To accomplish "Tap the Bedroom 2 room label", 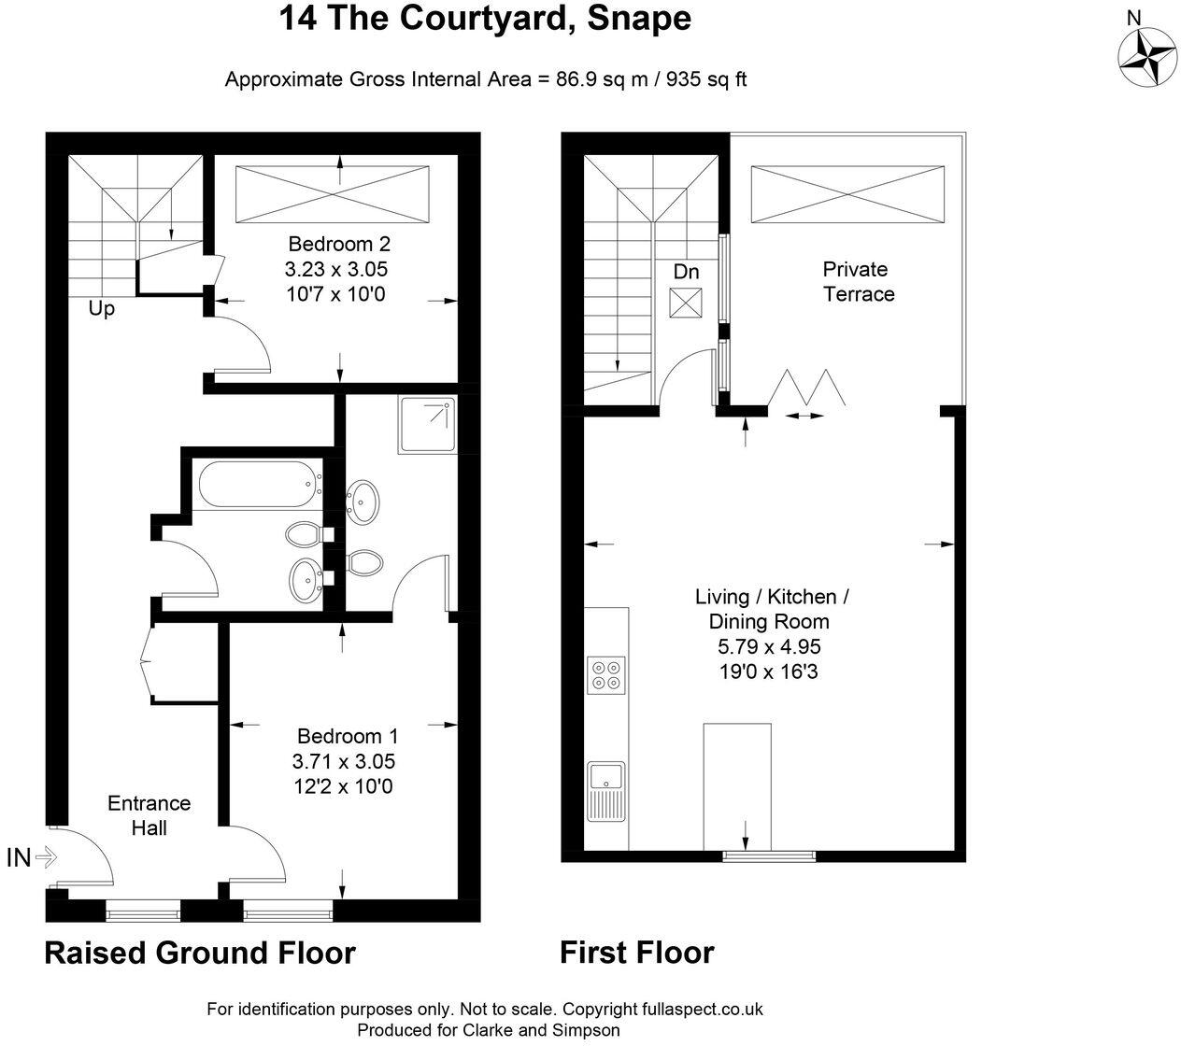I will pos(338,245).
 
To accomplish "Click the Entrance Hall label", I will pos(149,815).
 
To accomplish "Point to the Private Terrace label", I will pos(858,281).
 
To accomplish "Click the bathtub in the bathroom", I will pos(256,485).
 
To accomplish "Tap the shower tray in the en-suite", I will pos(428,426).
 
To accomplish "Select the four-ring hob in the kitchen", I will pos(606,675).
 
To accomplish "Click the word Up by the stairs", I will pos(101,309).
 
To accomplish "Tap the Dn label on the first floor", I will pos(686,272).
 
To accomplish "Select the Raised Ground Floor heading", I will pos(200,954).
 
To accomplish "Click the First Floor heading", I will pos(636,953).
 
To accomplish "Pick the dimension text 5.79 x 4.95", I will pos(771,646).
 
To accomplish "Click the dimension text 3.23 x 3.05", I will pos(336,270).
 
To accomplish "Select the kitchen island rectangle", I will pos(737,786).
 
